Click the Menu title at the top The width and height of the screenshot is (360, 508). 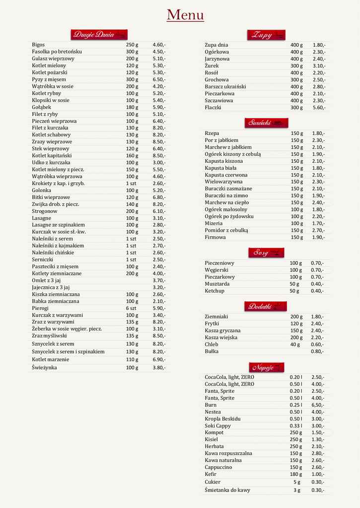click(185, 15)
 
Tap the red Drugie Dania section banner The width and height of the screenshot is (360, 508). click(99, 34)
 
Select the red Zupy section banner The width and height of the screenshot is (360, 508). click(266, 35)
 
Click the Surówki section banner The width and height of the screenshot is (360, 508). click(266, 123)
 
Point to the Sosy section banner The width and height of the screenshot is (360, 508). click(266, 253)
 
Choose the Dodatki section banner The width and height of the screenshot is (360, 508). click(266, 306)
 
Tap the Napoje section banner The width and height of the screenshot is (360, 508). click(266, 367)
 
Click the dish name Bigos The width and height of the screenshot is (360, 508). click(38, 45)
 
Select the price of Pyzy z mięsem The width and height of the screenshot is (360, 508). click(159, 79)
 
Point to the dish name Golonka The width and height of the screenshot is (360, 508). click(42, 190)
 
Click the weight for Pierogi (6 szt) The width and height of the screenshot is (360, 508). click(131, 308)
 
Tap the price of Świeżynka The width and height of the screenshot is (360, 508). click(159, 368)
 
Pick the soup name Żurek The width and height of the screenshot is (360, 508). click(212, 66)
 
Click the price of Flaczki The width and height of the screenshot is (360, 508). click(319, 108)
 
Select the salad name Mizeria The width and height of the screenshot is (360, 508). click(214, 224)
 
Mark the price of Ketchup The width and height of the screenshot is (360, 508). click(317, 291)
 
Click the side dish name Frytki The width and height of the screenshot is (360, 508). click(212, 324)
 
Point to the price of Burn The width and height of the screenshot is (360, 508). click(318, 405)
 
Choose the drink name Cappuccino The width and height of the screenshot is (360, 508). click(218, 467)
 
